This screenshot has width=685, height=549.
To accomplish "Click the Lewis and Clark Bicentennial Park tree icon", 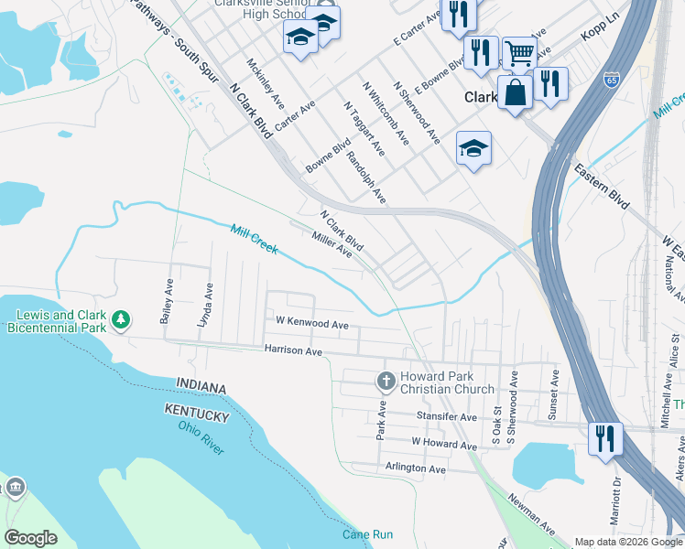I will coord(121,320).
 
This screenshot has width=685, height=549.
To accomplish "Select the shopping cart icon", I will coord(519,54).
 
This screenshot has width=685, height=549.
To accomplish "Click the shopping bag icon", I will coord(515,91).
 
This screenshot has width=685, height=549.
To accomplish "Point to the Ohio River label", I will coord(201,437).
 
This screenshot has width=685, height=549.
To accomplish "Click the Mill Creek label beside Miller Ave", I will coord(255,239).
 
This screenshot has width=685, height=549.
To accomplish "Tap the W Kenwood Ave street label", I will coord(312,324).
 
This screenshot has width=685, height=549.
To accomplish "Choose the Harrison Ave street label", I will coord(293,350).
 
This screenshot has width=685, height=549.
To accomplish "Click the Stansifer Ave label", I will coord(447,417).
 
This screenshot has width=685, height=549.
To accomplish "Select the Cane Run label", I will coord(367,534).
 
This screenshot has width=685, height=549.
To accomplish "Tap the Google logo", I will coord(30,538).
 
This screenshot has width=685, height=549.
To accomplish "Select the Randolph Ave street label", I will coord(368,178).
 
